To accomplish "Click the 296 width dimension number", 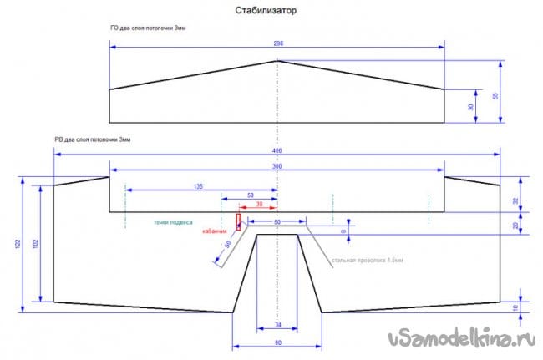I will [277, 43].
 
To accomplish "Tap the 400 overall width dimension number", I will [277, 150].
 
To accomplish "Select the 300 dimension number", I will [277, 166].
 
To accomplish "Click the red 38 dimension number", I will [260, 203].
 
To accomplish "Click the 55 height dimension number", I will [495, 97].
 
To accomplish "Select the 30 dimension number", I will [470, 108].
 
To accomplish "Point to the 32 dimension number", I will [516, 200].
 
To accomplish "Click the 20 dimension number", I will [516, 224].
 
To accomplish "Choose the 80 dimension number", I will [277, 342].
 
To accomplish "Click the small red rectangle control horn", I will [239, 221].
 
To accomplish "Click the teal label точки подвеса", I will [173, 223].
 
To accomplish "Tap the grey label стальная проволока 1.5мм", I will [368, 261].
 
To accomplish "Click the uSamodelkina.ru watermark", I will [460, 339].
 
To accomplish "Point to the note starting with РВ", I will [91, 139].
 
